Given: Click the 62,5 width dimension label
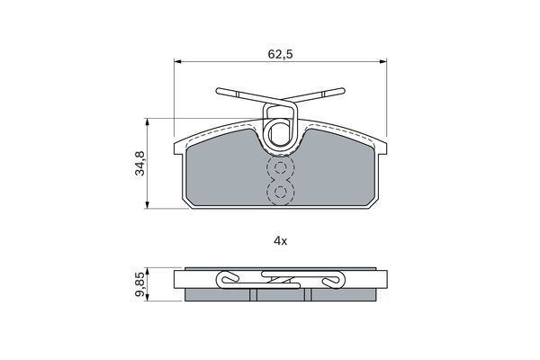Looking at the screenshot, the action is (x=280, y=54).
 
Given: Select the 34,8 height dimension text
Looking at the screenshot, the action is (x=140, y=163).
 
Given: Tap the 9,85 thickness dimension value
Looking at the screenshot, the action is (x=140, y=284).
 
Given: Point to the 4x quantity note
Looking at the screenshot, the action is (x=280, y=241).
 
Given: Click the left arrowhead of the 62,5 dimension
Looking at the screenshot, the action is (x=177, y=62).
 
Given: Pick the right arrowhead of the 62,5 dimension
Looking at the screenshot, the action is (x=383, y=62).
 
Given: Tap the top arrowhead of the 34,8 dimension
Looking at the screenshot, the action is (x=147, y=122).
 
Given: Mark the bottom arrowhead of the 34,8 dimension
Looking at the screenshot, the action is (x=147, y=205).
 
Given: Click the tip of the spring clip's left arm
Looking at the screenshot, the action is (x=218, y=91).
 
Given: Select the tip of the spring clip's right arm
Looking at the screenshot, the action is (x=343, y=91).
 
